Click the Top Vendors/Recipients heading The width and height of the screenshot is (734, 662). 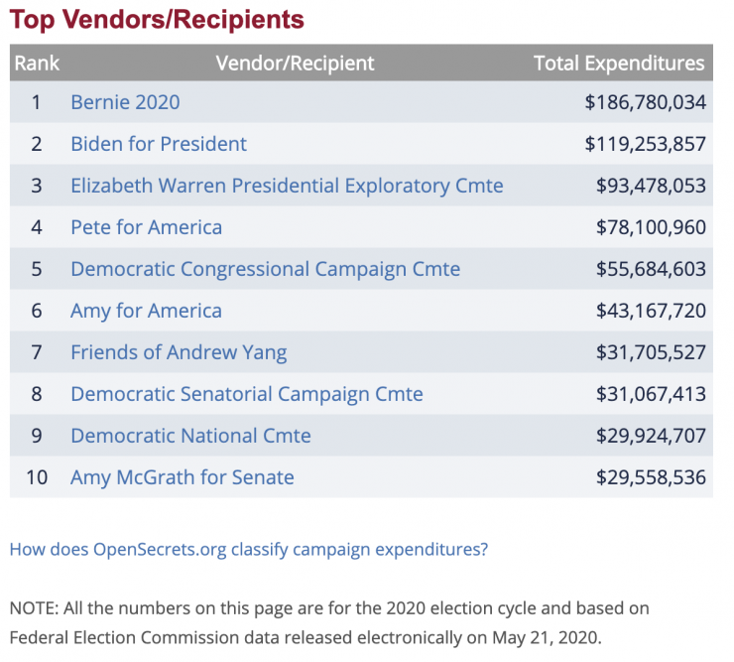pos(157,19)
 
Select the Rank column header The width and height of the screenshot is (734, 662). pos(37,64)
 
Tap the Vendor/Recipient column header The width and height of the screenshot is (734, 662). pos(295,64)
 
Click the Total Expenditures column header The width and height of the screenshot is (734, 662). pos(619,64)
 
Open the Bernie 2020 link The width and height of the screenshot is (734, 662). pos(125,102)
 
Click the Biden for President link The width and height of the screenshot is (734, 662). pos(159,144)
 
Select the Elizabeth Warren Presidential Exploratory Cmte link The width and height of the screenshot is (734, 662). pos(287,186)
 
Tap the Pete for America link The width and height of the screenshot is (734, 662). pos(146,227)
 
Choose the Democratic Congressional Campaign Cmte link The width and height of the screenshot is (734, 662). pos(265,269)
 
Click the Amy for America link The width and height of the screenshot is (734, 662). pos(146,311)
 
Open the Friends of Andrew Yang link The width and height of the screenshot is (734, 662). pos(179,352)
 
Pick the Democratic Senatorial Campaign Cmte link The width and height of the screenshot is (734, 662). pos(246,394)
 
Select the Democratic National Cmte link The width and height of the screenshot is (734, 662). pos(190,436)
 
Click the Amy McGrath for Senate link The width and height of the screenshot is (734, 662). pos(182,477)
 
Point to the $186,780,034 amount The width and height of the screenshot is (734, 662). pos(645,102)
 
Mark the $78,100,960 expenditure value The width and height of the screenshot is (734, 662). pos(651,227)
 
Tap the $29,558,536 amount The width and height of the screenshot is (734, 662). pos(651,477)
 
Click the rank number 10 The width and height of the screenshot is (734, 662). pos(37,477)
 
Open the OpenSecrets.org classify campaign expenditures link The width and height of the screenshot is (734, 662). pos(248,549)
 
